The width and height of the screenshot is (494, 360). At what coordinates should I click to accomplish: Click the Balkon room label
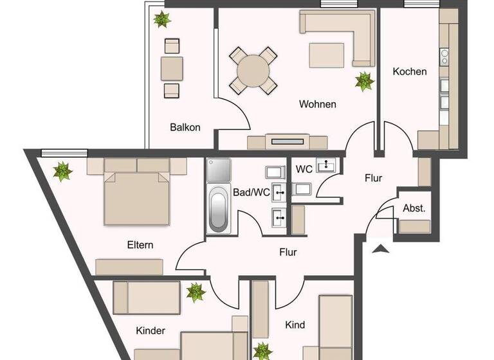(x=185, y=127)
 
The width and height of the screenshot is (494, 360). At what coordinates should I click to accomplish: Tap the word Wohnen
(x=317, y=104)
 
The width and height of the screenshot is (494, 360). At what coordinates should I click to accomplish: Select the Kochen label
(x=409, y=71)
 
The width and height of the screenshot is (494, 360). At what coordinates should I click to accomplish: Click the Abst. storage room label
(x=414, y=208)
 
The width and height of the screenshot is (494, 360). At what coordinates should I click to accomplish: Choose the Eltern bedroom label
(x=140, y=245)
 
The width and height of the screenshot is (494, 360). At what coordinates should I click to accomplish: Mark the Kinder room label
(x=151, y=331)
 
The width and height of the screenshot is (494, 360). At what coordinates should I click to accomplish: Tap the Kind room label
(x=295, y=325)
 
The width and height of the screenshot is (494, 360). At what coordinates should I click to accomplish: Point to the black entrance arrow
(x=381, y=248)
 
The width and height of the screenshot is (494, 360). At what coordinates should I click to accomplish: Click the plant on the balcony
(x=161, y=19)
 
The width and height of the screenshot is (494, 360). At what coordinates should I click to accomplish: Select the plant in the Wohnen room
(x=365, y=81)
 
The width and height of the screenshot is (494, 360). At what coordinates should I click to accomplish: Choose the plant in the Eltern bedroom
(x=62, y=172)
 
